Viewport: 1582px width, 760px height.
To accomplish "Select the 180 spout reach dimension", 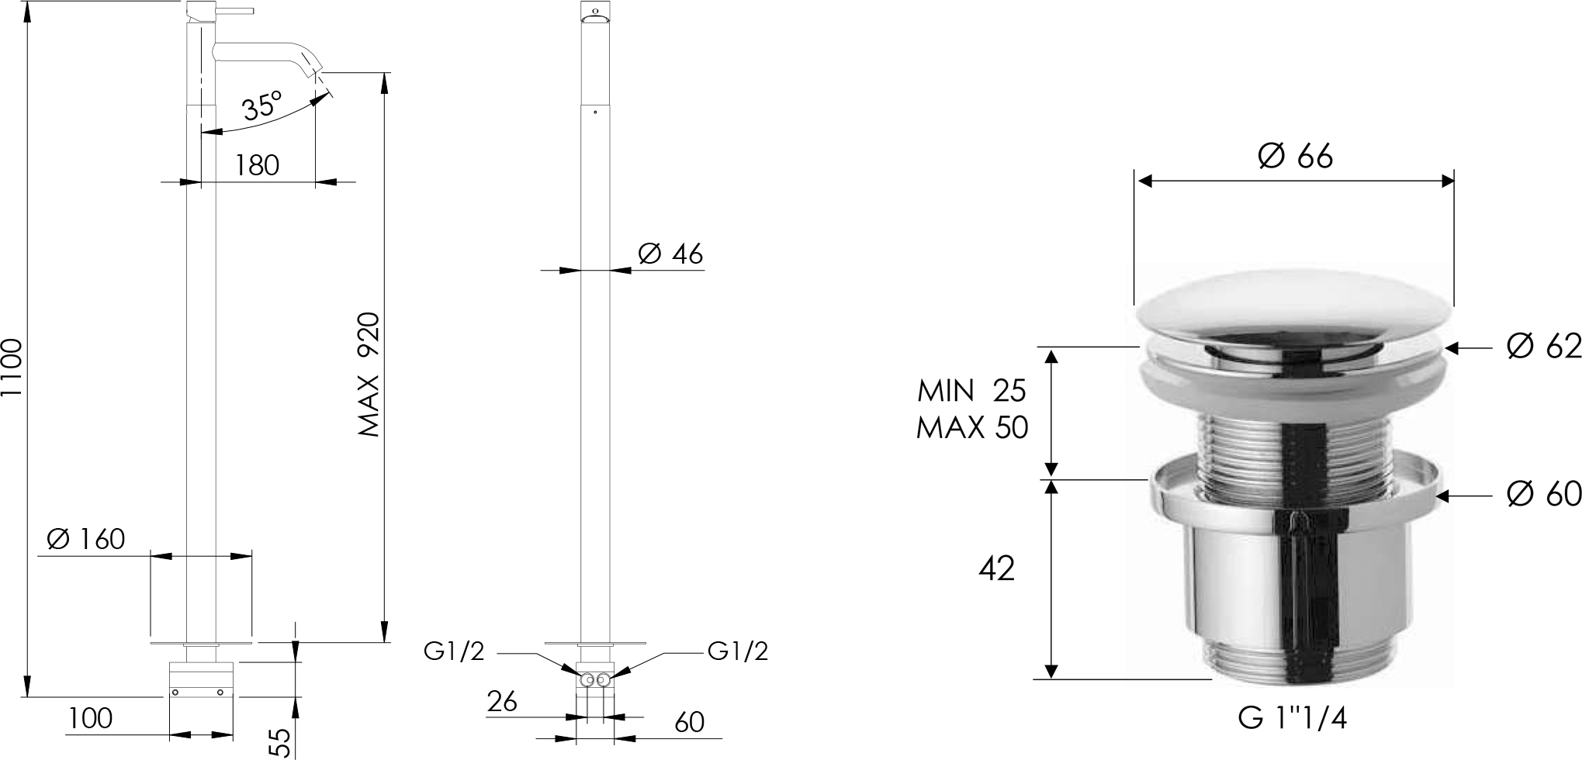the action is [x=257, y=164].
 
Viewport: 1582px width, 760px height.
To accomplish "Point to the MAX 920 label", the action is [x=369, y=374].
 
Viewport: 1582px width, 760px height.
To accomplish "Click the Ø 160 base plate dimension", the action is [x=86, y=538].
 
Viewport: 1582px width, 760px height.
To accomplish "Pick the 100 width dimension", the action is [x=90, y=719].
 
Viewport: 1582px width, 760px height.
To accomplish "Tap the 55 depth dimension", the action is [x=282, y=742].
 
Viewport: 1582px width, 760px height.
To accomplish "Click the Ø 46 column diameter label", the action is [x=670, y=254].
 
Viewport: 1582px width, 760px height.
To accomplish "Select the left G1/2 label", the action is [x=454, y=651].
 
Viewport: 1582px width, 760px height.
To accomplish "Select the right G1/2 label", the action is [x=738, y=651].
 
